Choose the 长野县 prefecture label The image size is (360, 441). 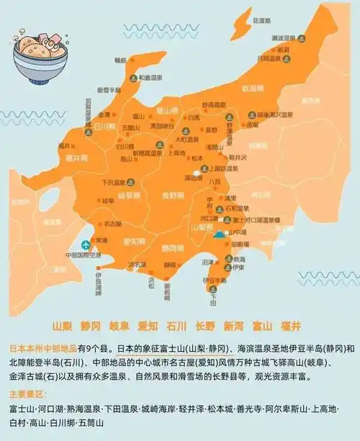[x=177, y=194]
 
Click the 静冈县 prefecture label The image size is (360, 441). [x=173, y=248]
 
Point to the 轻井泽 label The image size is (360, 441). [x=239, y=156]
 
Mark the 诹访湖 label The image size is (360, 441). [x=193, y=177]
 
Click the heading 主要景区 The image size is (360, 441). [x=27, y=395]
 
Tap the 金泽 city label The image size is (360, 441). [x=105, y=114]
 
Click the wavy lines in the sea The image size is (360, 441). [x=26, y=114]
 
